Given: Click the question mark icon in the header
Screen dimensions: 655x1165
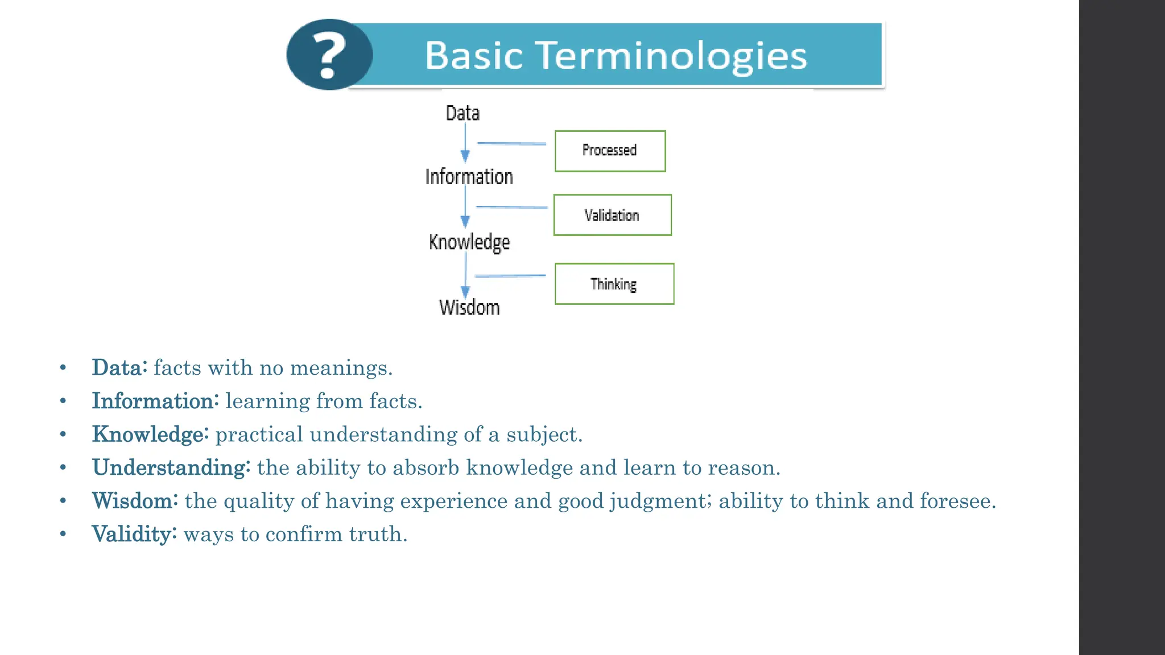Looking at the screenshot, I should [330, 55].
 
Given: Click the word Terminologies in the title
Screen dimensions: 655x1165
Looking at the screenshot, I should [672, 56].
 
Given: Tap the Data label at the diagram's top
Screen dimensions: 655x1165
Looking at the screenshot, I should [462, 113].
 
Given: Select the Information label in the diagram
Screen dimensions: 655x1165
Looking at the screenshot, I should [469, 177].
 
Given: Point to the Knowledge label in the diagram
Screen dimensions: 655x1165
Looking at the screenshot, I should [469, 242].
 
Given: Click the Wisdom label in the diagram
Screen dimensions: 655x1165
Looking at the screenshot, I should [469, 308].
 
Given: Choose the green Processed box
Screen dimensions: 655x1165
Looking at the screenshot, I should [610, 151].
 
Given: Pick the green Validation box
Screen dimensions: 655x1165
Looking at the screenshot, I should [612, 215].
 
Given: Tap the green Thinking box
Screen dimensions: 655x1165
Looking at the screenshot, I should [614, 284].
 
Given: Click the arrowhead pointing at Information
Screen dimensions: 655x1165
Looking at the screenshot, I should [465, 156].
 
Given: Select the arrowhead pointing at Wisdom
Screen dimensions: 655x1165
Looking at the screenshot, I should [465, 292].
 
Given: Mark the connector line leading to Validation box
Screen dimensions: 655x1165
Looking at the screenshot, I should [511, 207].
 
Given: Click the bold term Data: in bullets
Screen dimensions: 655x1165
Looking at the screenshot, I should [119, 367].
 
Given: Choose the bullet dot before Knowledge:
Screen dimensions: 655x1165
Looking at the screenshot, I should [63, 434].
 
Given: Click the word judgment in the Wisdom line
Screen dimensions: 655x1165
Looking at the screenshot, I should [660, 501].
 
